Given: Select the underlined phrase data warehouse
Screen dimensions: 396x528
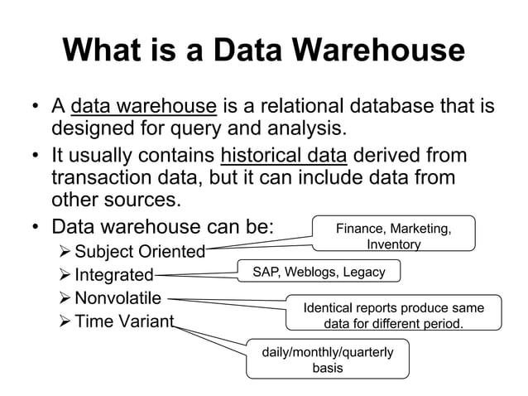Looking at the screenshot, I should pos(144,107).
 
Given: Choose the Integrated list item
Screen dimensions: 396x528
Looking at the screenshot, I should pos(113,275).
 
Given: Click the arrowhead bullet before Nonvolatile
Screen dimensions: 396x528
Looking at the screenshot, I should pos(62,298).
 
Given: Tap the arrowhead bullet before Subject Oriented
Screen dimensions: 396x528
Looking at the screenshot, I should pos(62,251).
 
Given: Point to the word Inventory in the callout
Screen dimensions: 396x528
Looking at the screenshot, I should pos(393,244).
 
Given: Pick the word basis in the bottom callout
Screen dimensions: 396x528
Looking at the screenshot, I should pos(328,368).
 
